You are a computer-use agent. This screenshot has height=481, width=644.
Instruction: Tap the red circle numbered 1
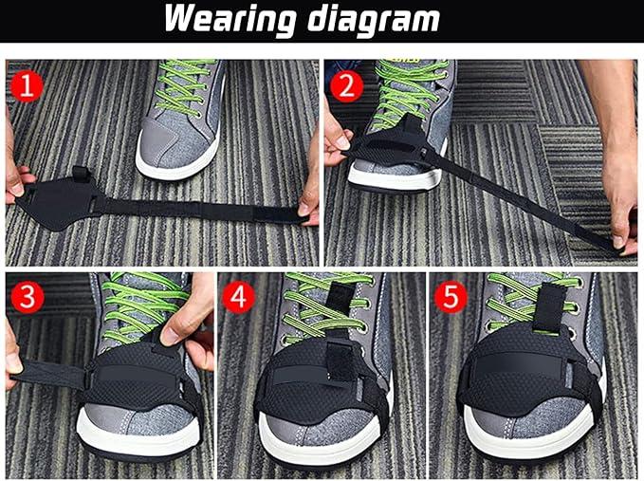tap(27, 87)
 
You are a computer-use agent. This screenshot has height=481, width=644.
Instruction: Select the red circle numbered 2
tap(346, 86)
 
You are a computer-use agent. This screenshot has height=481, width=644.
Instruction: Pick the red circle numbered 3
tap(28, 297)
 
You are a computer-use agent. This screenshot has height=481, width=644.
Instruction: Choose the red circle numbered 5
tap(451, 297)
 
